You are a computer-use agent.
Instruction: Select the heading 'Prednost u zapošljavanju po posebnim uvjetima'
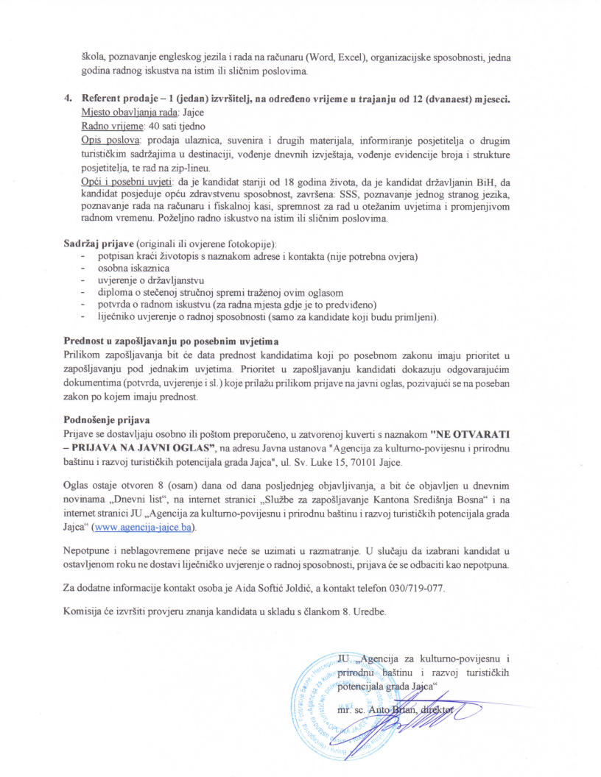coord(170,341)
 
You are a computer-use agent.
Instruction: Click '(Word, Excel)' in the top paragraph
coord(333,57)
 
